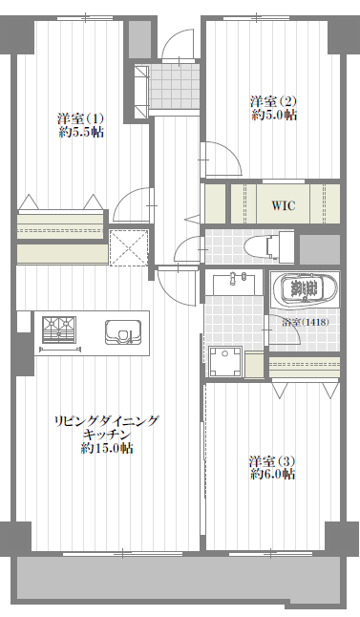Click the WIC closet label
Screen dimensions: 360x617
[284, 205]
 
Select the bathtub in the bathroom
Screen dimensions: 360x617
[305, 289]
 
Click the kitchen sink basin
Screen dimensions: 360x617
[123, 332]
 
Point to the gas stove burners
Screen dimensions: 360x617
[59, 330]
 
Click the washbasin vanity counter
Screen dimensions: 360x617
[234, 283]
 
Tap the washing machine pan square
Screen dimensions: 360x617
[225, 361]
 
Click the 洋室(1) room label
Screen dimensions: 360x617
[80, 118]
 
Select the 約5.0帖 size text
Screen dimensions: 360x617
[274, 116]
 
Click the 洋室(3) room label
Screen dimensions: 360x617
[272, 461]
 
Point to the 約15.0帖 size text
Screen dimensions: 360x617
[107, 448]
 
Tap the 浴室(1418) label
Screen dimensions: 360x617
[306, 322]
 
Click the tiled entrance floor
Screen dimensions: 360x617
[174, 86]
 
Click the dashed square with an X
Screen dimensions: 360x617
[129, 248]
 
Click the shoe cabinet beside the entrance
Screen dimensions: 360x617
[141, 91]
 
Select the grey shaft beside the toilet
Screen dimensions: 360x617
[320, 249]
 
